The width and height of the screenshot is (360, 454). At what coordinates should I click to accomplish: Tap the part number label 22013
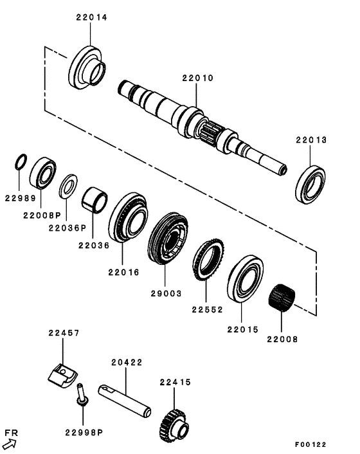tap(312, 140)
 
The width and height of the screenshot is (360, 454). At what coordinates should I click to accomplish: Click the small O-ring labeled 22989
tap(21, 161)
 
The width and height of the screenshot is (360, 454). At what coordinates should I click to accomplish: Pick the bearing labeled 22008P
tap(44, 172)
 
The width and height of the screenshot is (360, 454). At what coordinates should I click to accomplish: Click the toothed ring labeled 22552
tap(208, 257)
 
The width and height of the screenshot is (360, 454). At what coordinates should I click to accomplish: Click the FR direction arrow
tap(10, 443)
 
